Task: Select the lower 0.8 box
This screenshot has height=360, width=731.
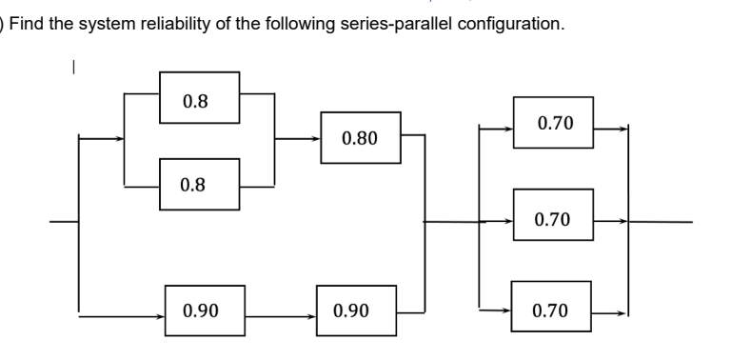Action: pyautogui.click(x=198, y=184)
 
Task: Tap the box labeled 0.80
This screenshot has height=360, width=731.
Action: pyautogui.click(x=360, y=138)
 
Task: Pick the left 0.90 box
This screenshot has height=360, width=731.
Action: pyautogui.click(x=204, y=310)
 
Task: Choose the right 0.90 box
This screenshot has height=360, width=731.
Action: pyautogui.click(x=354, y=310)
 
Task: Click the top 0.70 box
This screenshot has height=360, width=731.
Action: pyautogui.click(x=552, y=122)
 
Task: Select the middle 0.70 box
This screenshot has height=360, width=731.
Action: pyautogui.click(x=552, y=220)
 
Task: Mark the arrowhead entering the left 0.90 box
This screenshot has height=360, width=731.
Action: pyautogui.click(x=160, y=312)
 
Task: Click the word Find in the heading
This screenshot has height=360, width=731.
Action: pyautogui.click(x=26, y=23)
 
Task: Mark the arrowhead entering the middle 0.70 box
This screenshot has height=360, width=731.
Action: pyautogui.click(x=508, y=221)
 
